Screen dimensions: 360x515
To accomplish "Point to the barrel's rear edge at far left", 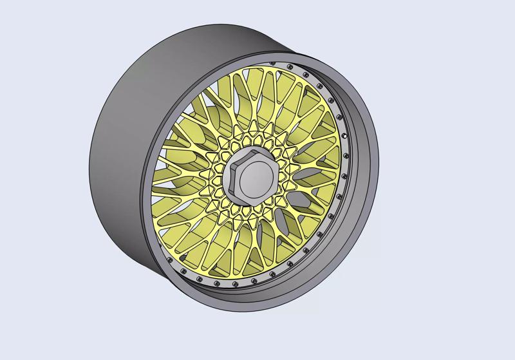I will (x=91, y=155).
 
